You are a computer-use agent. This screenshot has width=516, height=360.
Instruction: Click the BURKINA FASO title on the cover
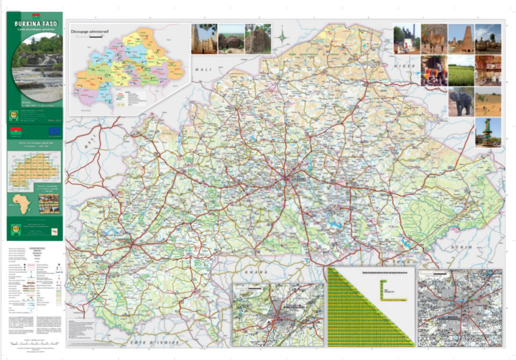point(35,23)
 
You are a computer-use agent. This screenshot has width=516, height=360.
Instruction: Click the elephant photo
point(461,102)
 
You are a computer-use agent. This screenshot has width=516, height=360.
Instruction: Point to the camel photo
point(434,39)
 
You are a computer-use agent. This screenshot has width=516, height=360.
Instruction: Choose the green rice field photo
point(461,71)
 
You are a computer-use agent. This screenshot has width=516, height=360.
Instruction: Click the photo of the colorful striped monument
point(488,132)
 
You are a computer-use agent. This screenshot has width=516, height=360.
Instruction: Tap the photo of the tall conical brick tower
point(461,39)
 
